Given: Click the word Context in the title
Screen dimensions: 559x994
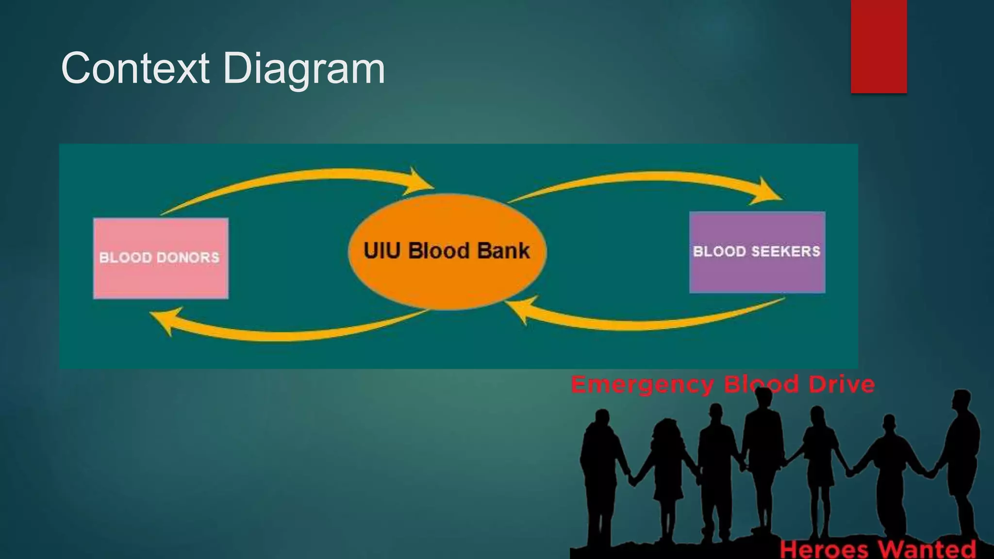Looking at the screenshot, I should (x=135, y=68).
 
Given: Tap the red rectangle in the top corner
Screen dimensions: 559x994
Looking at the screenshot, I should (x=878, y=46).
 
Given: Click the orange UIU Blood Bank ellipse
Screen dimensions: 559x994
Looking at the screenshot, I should (x=447, y=281).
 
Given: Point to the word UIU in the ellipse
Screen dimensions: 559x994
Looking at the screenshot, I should (x=382, y=251).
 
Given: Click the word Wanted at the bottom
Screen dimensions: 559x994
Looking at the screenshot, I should (x=927, y=549).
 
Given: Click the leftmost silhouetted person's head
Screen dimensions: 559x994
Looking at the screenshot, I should (x=602, y=418).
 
